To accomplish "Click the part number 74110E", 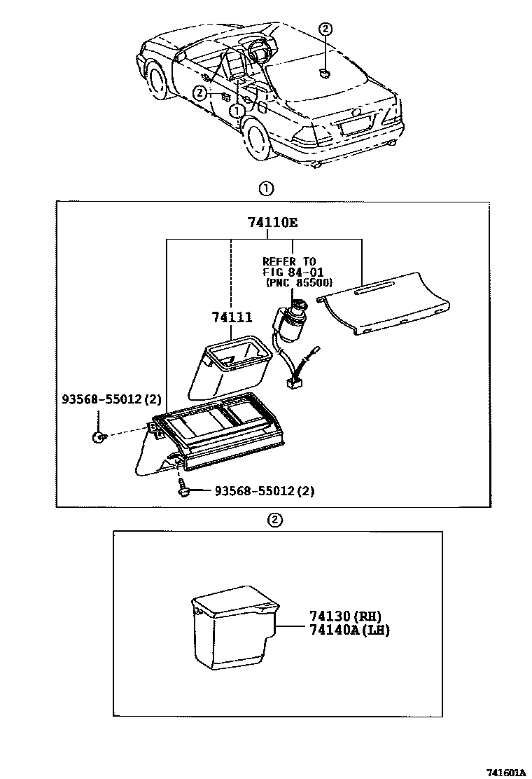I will (272, 223).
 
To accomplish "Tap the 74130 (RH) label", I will (345, 616).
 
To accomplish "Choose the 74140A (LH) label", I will (349, 630).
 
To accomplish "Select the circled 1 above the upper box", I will (266, 188).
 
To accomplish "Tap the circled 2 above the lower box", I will (275, 520).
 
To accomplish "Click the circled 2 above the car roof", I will (326, 29).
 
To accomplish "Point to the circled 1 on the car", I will (238, 111).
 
